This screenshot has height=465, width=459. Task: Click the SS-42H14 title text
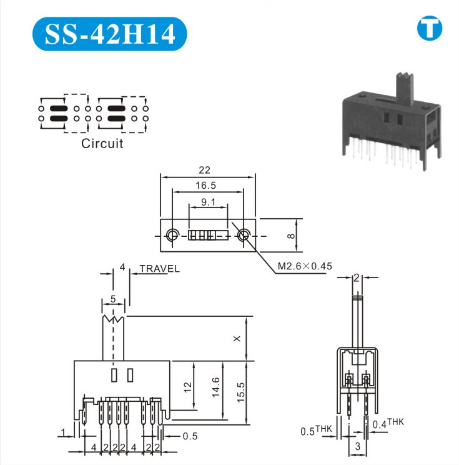[x=110, y=34]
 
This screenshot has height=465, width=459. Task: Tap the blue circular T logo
[x=430, y=28]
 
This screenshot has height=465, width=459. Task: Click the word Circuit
[x=102, y=144]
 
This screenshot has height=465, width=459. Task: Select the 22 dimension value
[x=204, y=170]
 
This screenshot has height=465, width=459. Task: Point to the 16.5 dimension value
[x=205, y=186]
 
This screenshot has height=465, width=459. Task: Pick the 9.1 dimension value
[x=208, y=202]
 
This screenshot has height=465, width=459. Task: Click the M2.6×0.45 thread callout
[x=305, y=266]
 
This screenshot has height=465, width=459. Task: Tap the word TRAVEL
[x=159, y=269]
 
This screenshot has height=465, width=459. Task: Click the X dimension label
[x=237, y=338]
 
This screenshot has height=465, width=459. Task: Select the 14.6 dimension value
[x=215, y=387]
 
